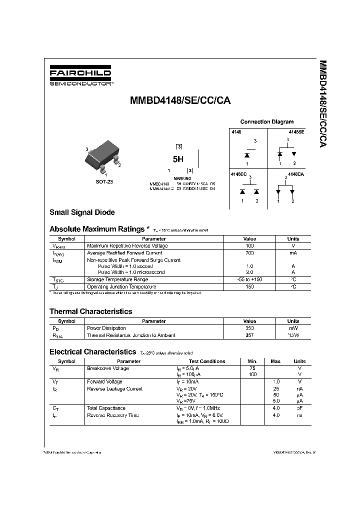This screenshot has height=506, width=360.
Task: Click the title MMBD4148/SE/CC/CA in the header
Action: [x=180, y=99]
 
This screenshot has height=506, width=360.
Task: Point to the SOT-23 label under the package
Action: [x=104, y=182]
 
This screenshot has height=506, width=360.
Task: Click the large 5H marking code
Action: [x=178, y=159]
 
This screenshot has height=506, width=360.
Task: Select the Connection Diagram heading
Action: [x=266, y=121]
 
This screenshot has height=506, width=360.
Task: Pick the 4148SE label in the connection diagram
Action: [x=295, y=131]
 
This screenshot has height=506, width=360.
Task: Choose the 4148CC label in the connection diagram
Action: [x=238, y=173]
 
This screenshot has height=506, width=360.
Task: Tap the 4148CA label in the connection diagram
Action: [x=296, y=173]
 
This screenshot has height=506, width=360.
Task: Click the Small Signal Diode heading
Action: [x=82, y=212]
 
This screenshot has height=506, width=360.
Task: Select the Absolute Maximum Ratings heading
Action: [x=96, y=229]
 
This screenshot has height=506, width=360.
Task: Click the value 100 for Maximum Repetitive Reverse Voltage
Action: [x=249, y=246]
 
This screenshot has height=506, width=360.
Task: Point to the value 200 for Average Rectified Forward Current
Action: [x=249, y=253]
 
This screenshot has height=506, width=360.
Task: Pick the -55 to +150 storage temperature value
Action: [x=249, y=279]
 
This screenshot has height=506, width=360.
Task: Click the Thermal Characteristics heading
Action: [x=90, y=311]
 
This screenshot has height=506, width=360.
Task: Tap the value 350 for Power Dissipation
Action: [x=249, y=328]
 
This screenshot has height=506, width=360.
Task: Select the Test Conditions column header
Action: [x=207, y=361]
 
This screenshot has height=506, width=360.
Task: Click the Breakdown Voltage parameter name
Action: [x=107, y=368]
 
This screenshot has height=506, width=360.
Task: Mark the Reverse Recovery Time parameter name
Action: [x=113, y=415]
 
